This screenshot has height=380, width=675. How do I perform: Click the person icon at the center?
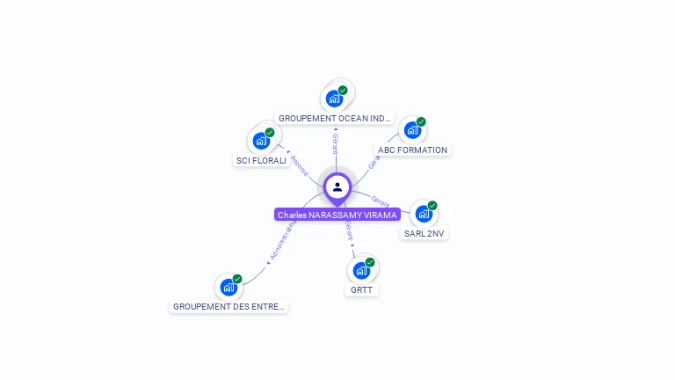pyautogui.click(x=337, y=186)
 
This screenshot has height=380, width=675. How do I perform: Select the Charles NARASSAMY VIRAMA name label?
pyautogui.click(x=337, y=215)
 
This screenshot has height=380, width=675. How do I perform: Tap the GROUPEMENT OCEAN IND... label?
pyautogui.click(x=335, y=118)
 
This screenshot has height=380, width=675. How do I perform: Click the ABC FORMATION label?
pyautogui.click(x=412, y=150)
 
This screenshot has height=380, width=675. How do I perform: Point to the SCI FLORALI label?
pyautogui.click(x=261, y=160)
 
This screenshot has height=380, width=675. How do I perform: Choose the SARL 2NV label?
pyautogui.click(x=425, y=234)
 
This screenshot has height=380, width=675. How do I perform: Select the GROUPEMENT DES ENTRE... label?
pyautogui.click(x=229, y=307)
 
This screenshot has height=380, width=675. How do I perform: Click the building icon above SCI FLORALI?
pyautogui.click(x=260, y=141)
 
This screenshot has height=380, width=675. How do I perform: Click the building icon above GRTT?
pyautogui.click(x=360, y=270)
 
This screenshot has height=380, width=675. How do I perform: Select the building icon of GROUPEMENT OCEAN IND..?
pyautogui.click(x=333, y=99)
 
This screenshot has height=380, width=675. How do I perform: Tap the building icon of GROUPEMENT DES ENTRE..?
pyautogui.click(x=228, y=288)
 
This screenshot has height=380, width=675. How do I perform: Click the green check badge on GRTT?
pyautogui.click(x=370, y=262)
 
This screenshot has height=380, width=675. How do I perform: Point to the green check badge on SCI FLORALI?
pyautogui.click(x=270, y=133)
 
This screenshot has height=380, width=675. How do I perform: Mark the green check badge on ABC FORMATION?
pyautogui.click(x=421, y=122)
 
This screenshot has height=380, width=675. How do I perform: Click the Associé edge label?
pyautogui.click(x=299, y=164)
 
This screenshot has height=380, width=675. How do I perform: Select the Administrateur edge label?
pyautogui.click(x=281, y=242)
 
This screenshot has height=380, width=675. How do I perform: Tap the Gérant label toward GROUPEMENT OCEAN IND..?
pyautogui.click(x=335, y=143)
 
